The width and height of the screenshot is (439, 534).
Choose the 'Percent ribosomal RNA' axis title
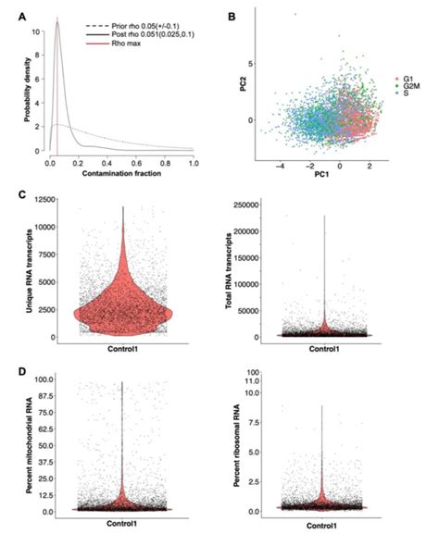(x=235, y=444)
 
